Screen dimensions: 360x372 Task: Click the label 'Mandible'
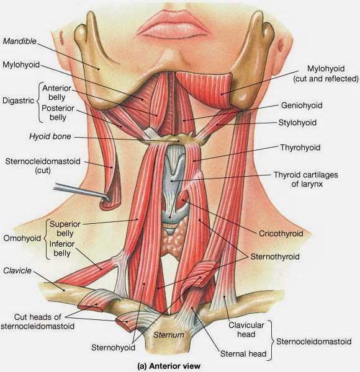(x=20, y=42)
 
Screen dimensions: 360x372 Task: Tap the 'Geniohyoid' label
(x=302, y=105)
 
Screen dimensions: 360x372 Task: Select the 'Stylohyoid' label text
(x=297, y=123)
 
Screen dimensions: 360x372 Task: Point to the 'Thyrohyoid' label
(x=300, y=148)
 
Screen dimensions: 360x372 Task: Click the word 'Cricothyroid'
(x=281, y=234)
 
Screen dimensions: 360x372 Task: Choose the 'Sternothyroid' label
(x=275, y=257)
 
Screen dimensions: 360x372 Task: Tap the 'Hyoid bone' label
(x=50, y=136)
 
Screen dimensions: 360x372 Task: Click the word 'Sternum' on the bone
(x=169, y=335)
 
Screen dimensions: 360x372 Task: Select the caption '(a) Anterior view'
(x=169, y=366)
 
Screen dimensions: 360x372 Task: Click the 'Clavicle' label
(x=17, y=271)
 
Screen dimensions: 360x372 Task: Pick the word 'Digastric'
(x=18, y=100)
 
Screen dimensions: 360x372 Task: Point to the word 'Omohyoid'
(x=22, y=238)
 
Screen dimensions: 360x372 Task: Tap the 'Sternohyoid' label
(x=113, y=348)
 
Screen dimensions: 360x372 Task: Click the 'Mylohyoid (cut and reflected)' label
(x=326, y=74)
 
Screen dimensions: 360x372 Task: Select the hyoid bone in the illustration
(x=173, y=139)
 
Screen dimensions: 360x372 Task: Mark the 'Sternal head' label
(x=243, y=354)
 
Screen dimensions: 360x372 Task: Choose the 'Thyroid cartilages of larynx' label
(x=306, y=179)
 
